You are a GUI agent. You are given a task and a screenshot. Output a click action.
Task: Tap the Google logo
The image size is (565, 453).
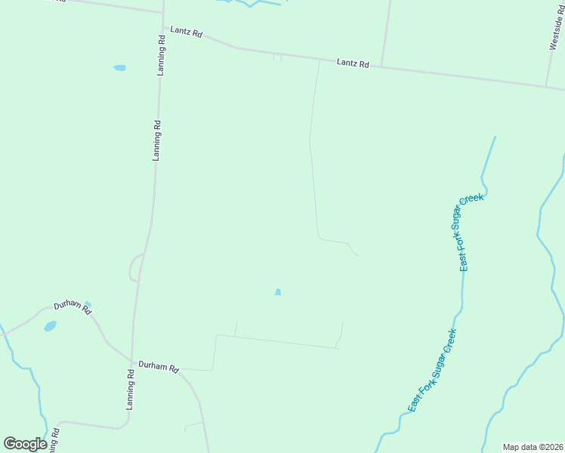25,444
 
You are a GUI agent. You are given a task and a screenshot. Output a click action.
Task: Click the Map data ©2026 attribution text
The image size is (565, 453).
533,447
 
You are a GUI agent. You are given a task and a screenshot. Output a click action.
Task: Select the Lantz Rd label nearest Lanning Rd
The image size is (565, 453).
186,32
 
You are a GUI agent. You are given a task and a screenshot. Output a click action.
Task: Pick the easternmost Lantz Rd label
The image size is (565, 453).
353,64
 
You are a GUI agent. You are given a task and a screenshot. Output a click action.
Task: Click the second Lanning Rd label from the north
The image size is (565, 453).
157,140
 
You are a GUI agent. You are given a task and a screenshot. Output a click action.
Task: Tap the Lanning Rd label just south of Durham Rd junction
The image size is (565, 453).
131,390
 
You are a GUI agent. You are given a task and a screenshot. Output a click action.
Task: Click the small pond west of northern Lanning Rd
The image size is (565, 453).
119,68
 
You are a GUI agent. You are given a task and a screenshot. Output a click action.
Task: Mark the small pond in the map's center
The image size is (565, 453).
278,292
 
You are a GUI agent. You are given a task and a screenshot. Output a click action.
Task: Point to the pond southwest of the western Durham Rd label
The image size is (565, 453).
50,326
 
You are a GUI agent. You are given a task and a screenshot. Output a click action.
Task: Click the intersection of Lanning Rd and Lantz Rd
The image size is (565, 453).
163,28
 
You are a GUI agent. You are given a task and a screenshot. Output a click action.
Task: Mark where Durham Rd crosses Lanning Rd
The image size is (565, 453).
132,360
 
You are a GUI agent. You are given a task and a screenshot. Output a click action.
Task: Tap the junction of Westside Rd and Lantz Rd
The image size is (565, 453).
547,85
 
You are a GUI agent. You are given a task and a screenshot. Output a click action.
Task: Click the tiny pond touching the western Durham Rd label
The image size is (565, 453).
88,305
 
